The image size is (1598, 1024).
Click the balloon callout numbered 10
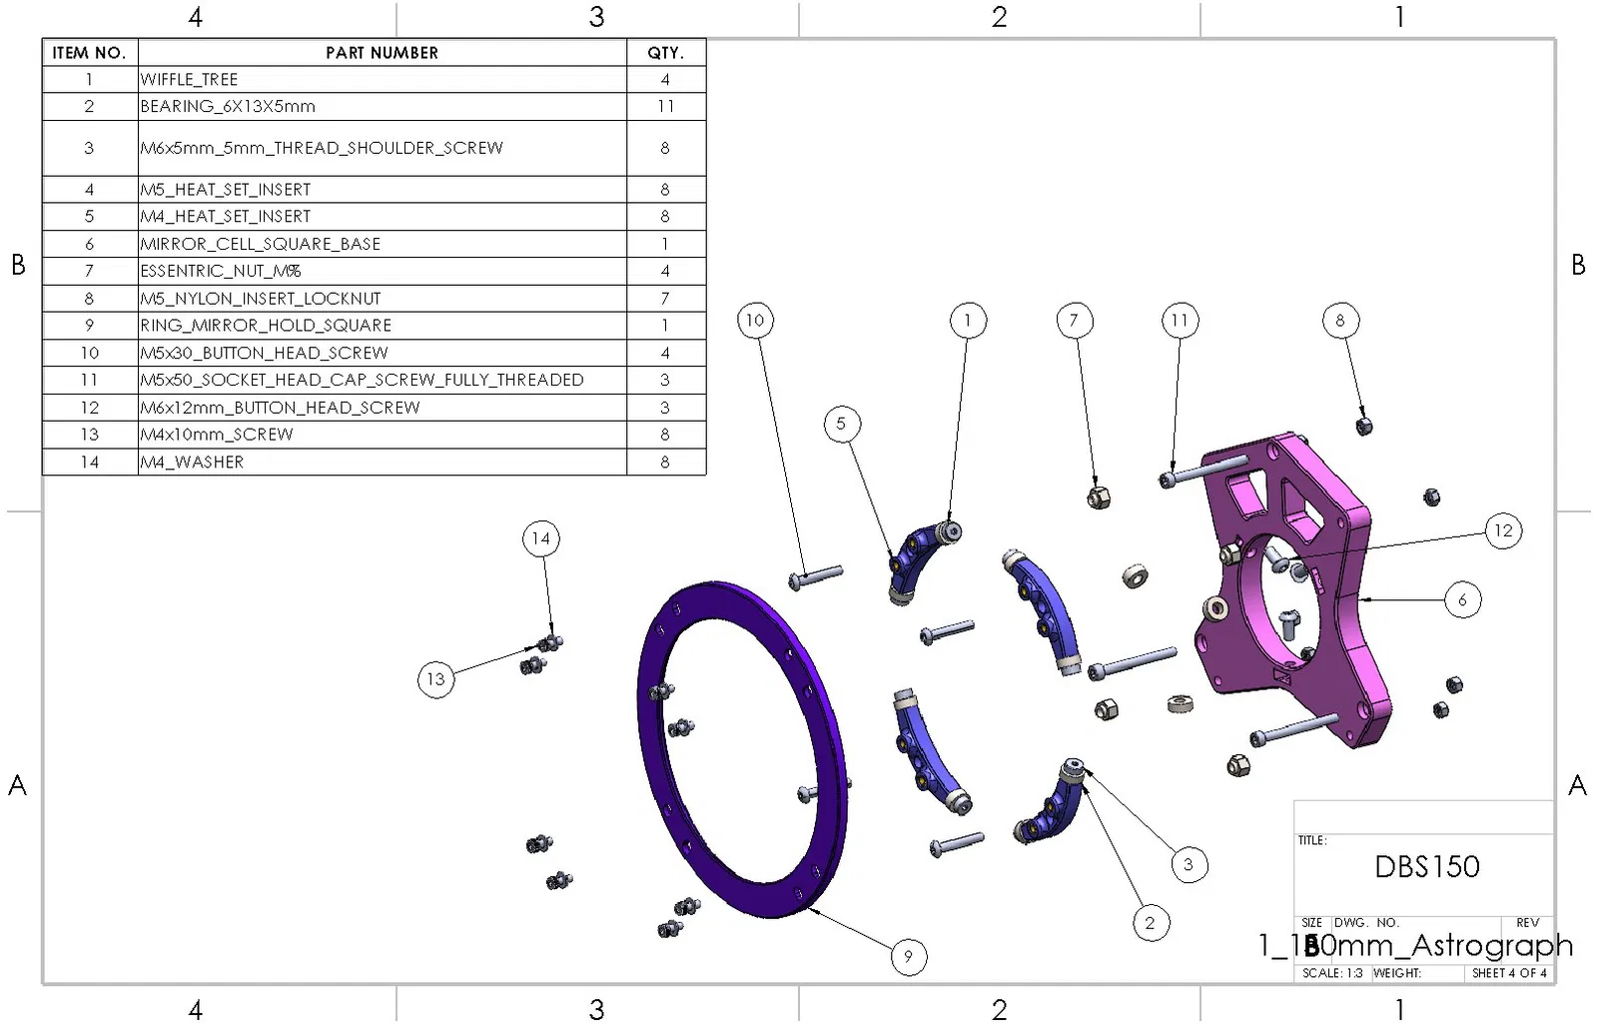point(755,320)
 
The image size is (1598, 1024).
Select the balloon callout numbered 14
point(540,538)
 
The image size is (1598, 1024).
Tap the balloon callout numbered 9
point(908,956)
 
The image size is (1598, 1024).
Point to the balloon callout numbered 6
point(1462,599)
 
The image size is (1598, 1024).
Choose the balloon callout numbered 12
point(1503,530)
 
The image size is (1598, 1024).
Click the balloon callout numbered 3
point(1188,864)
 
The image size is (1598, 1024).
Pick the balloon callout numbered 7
point(1074,320)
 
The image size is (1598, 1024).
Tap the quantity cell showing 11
point(665,106)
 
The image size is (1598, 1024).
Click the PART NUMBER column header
point(382,53)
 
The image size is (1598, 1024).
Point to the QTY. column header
point(665,53)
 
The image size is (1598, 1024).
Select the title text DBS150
point(1426,866)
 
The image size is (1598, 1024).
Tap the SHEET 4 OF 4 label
point(1508,973)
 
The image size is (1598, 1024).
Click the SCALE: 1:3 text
point(1332,973)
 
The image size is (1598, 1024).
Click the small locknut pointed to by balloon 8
point(1364,427)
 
